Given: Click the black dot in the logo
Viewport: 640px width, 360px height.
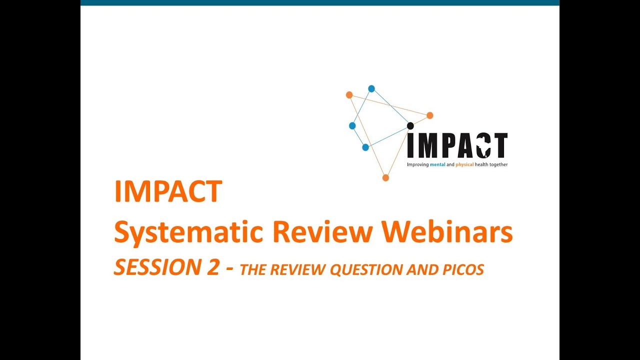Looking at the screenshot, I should pos(410,125).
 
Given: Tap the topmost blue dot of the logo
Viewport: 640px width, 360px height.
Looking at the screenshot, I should pos(371,88).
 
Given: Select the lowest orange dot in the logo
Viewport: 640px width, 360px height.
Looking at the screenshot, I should pos(385,177).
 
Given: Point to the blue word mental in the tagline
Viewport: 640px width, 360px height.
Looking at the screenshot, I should pos(437,164).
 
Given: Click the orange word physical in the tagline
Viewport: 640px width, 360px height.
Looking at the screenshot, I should pos(465,164).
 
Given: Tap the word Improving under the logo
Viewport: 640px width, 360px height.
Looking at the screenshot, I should pos(417,164).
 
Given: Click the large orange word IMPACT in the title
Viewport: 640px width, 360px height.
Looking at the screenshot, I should pos(168,191).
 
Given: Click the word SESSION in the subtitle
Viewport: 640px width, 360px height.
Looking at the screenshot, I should pos(150,268).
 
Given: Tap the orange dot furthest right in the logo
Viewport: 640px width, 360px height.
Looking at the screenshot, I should pos(429,115).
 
